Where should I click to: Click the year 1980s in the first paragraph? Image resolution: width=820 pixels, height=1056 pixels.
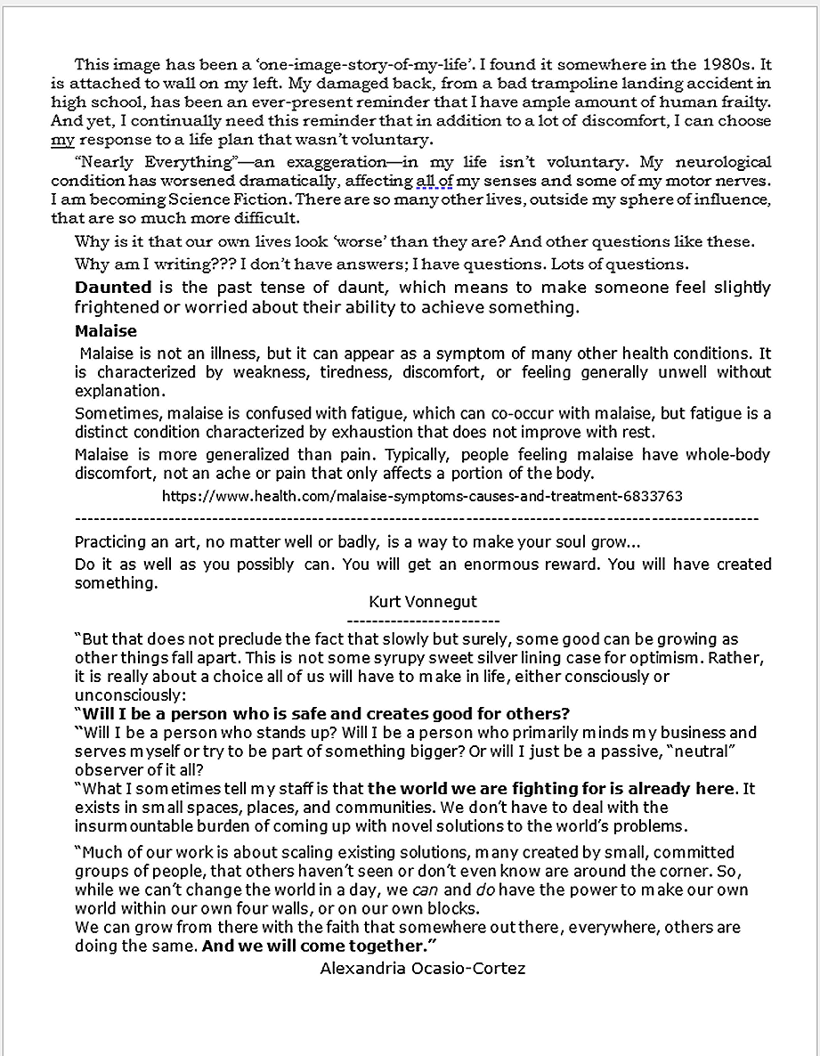tap(730, 64)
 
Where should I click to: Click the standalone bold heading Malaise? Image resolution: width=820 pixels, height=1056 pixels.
tap(106, 331)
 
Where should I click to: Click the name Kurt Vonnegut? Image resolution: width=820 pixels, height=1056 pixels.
tap(422, 602)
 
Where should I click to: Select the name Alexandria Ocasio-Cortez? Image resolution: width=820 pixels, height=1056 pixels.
tap(422, 968)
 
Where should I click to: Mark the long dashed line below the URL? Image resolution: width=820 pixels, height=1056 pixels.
tap(417, 517)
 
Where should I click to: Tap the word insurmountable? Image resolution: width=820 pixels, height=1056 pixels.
tap(132, 825)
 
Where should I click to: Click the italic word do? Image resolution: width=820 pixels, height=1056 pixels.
tap(485, 889)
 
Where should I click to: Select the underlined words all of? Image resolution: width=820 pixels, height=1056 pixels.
tap(434, 181)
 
